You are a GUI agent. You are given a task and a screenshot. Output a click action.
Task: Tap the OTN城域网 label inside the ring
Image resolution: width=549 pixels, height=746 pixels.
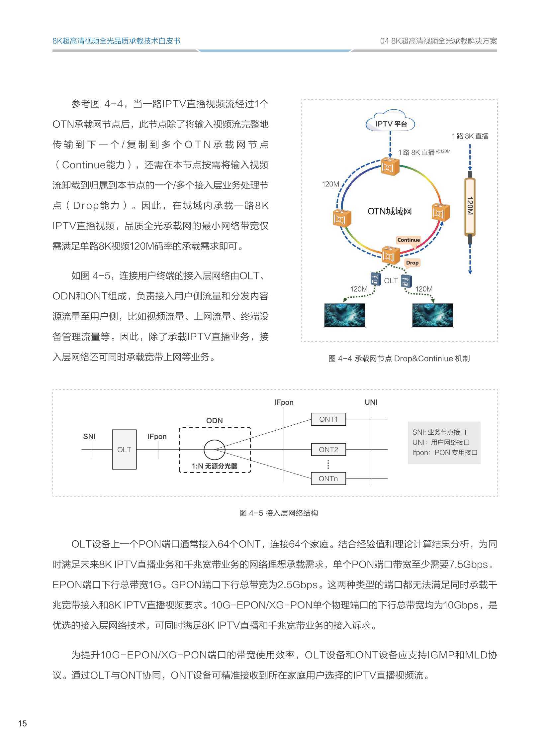point(390,211)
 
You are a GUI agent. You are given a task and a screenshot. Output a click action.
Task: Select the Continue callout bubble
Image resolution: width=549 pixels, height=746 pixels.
point(409,240)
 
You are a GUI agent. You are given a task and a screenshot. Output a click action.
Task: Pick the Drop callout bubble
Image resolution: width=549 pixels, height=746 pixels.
point(412,263)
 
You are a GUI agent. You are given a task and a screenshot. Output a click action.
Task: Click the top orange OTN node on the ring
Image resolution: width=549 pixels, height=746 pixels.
point(390,166)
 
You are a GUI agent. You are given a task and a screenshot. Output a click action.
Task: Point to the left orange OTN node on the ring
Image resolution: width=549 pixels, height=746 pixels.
point(342,218)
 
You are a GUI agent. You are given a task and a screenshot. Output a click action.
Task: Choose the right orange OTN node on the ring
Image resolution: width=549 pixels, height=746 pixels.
point(440,212)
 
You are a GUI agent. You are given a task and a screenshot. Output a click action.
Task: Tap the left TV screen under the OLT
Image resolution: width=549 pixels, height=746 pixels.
point(344,315)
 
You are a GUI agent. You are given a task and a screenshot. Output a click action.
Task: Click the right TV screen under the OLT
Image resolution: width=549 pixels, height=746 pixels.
point(432,315)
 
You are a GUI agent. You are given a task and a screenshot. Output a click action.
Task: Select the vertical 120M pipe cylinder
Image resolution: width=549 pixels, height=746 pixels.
point(470,207)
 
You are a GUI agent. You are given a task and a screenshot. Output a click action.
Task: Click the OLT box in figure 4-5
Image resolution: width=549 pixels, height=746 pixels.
point(124,450)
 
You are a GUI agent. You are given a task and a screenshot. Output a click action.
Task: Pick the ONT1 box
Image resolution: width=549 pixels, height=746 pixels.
point(328,419)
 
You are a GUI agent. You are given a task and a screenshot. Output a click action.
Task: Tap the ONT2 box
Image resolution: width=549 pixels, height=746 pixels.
point(328,450)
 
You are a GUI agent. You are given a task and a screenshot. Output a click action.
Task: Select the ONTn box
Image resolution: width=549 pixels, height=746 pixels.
point(328,479)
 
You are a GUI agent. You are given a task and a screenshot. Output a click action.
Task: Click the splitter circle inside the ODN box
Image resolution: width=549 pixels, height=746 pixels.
point(214,450)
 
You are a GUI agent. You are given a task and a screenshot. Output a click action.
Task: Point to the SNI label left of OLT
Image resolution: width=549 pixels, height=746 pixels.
point(89,437)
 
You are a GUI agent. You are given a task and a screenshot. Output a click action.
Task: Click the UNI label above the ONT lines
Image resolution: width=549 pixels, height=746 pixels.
point(371,402)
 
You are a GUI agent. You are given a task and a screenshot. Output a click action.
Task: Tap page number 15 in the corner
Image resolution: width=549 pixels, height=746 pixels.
point(22,723)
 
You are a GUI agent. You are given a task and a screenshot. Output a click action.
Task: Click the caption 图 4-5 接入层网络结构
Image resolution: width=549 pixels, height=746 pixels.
point(279,513)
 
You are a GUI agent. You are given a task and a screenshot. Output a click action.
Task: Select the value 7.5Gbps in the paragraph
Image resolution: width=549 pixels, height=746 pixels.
point(469,564)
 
